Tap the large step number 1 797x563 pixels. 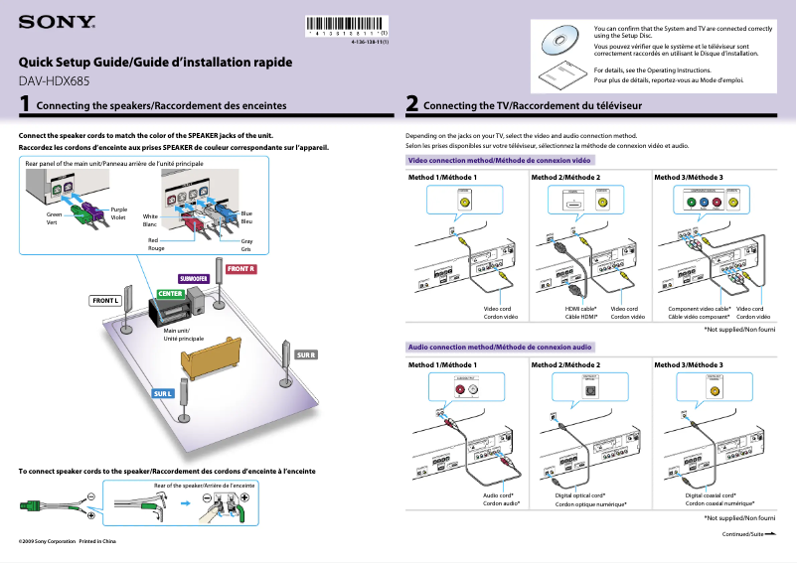click(24, 103)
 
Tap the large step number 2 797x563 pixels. click(411, 103)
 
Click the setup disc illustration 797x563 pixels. click(558, 39)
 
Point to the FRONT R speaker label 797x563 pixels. click(241, 269)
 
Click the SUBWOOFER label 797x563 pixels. click(192, 278)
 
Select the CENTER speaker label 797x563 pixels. click(169, 294)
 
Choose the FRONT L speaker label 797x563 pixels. click(106, 300)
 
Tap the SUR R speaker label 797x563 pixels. click(306, 354)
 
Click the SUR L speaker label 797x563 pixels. click(163, 394)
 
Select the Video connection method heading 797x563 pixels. click(500, 159)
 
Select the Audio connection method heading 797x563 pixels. click(500, 347)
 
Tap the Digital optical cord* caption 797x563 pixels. click(580, 494)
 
